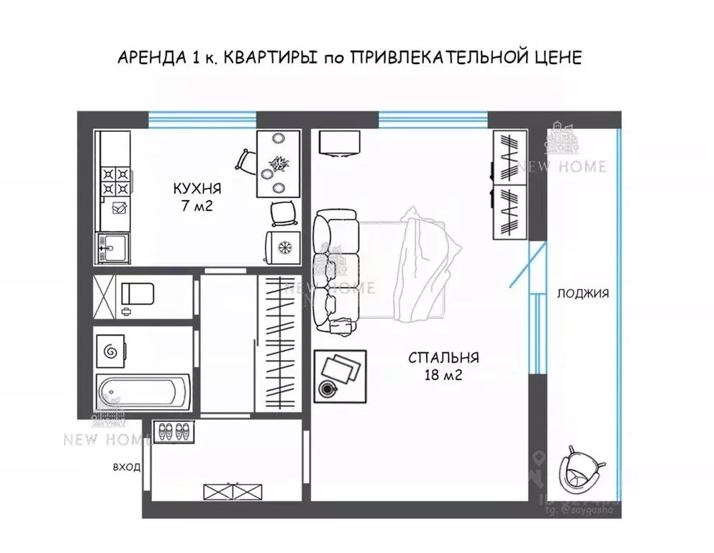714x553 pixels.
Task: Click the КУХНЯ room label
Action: pyautogui.click(x=196, y=189)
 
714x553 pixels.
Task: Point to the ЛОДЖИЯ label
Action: pyautogui.click(x=582, y=293)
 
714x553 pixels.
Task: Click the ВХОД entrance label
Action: pyautogui.click(x=126, y=467)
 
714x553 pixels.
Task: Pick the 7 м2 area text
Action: pyautogui.click(x=196, y=207)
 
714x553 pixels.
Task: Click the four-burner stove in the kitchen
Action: pyautogui.click(x=115, y=181)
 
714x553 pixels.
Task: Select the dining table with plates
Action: pyautogui.click(x=279, y=164)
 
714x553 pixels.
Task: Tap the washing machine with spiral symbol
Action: pyautogui.click(x=112, y=351)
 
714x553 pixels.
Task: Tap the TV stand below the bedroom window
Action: pyautogui.click(x=338, y=143)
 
